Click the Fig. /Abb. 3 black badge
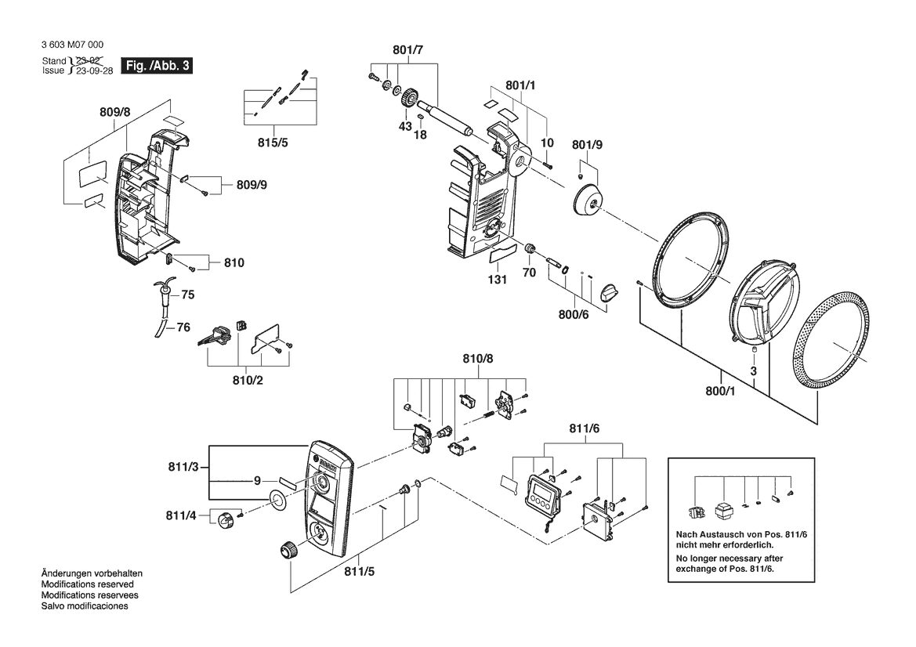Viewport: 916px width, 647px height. pyautogui.click(x=156, y=65)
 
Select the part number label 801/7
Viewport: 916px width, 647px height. pyautogui.click(x=407, y=50)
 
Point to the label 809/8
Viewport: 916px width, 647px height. pyautogui.click(x=115, y=111)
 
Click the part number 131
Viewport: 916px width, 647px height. pyautogui.click(x=497, y=280)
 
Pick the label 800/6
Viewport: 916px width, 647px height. pyautogui.click(x=574, y=315)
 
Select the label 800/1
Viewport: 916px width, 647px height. pyautogui.click(x=720, y=391)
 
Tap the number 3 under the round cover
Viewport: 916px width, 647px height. pyautogui.click(x=754, y=370)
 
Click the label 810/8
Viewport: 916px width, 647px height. pyautogui.click(x=478, y=359)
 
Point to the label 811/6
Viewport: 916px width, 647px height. pyautogui.click(x=585, y=428)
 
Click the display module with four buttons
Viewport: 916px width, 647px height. pyautogui.click(x=543, y=495)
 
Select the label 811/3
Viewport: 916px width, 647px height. pyautogui.click(x=183, y=467)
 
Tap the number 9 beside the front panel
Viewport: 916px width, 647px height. pyautogui.click(x=257, y=481)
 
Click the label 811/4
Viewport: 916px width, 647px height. pyautogui.click(x=181, y=515)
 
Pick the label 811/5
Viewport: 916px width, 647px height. pyautogui.click(x=360, y=572)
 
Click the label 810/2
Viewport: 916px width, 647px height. pyautogui.click(x=248, y=381)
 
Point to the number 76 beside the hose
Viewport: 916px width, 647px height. pyautogui.click(x=183, y=327)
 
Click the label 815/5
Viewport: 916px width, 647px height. pyautogui.click(x=273, y=143)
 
